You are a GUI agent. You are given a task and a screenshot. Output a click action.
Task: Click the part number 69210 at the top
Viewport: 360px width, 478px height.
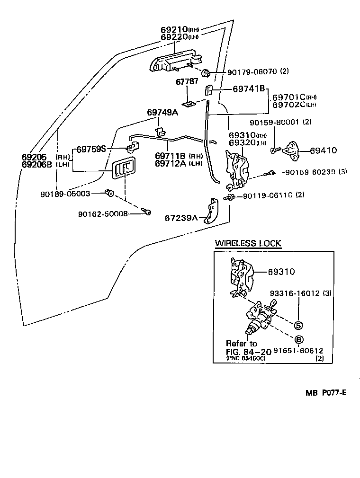click(174, 29)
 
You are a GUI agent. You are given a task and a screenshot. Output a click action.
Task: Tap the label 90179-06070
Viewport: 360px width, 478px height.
click(252, 71)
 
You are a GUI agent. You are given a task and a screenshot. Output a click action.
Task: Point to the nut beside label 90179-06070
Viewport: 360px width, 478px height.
click(206, 73)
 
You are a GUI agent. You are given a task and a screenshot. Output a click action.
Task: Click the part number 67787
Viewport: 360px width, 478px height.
click(187, 82)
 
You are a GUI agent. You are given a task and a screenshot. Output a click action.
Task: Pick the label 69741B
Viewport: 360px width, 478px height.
click(249, 89)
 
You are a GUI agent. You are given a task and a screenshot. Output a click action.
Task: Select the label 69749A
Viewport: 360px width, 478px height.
click(162, 112)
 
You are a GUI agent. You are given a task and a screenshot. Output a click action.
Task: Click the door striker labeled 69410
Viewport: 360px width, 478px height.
click(291, 150)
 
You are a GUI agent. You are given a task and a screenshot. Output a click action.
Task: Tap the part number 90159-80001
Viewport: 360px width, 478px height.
click(274, 122)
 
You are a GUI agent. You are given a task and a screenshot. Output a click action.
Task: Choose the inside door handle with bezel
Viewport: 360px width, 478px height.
click(124, 167)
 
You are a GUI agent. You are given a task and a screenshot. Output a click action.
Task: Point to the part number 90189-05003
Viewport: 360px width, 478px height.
click(65, 194)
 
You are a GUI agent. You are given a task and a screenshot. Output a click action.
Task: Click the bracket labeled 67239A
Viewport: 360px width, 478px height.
click(211, 211)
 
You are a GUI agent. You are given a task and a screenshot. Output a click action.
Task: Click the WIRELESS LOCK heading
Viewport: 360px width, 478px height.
click(248, 243)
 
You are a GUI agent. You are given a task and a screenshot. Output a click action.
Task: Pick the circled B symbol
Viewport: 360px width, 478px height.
click(299, 339)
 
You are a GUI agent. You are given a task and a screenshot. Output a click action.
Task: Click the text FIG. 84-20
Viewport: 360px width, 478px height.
click(249, 352)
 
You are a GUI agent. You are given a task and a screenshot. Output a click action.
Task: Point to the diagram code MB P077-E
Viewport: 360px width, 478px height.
click(326, 393)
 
